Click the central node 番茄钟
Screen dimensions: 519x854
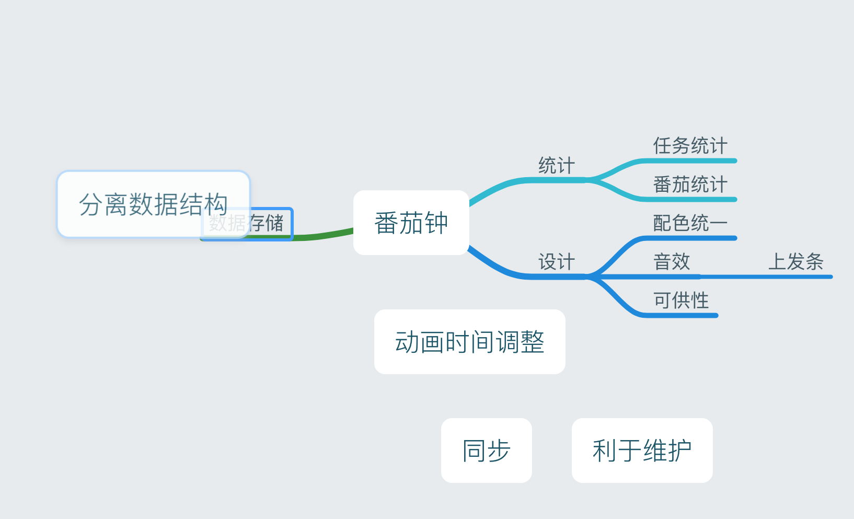[411, 223]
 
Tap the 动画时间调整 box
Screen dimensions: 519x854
[469, 342]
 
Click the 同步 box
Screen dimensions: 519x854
[486, 451]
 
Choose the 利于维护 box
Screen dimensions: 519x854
[642, 451]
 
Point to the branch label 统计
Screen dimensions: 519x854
[557, 166]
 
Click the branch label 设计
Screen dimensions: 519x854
[557, 262]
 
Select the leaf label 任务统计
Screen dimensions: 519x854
[690, 146]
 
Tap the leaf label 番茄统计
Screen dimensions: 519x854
[690, 184]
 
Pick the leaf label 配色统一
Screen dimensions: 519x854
[690, 223]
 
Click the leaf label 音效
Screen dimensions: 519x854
[672, 262]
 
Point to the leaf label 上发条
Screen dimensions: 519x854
[795, 262]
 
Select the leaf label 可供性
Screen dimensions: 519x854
[681, 301]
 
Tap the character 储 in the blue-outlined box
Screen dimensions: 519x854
[274, 223]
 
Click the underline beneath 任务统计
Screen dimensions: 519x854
[690, 161]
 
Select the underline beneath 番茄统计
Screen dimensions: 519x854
[690, 200]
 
